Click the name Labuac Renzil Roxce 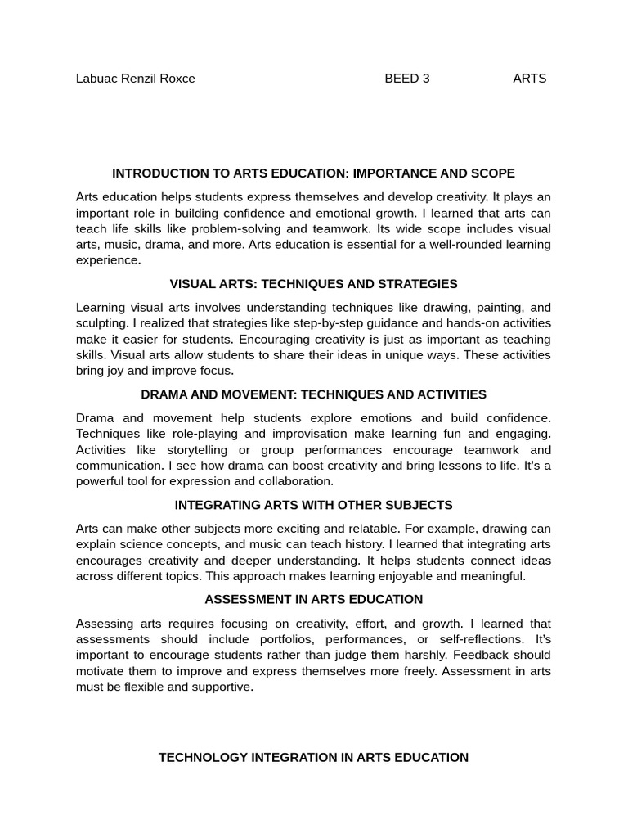tap(136, 79)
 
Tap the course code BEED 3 tap(407, 79)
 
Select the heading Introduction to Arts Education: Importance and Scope tap(313, 173)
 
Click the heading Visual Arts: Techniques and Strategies tap(313, 284)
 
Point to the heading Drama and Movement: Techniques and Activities tap(313, 394)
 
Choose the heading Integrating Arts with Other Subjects tap(313, 505)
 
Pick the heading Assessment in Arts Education tap(313, 600)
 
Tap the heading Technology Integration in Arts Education tap(313, 758)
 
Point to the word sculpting tap(102, 323)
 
